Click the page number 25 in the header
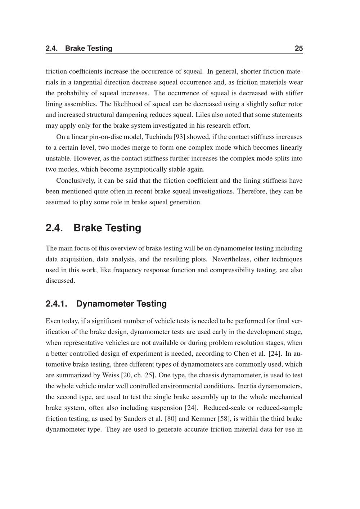298,48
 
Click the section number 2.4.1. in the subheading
57,304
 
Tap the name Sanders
135,419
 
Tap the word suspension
168,408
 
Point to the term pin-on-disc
104,137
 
